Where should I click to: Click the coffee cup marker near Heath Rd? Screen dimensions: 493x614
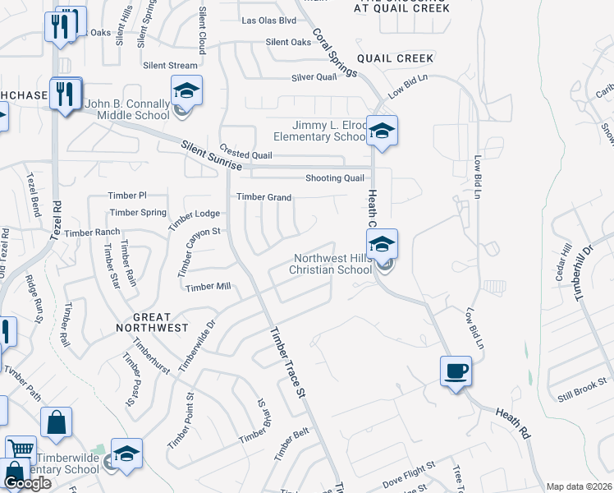(x=456, y=371)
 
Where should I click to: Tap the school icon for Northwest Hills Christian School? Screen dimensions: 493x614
(x=382, y=244)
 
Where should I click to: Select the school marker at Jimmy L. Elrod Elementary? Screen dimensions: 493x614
(x=382, y=131)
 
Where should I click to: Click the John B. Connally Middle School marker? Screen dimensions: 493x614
(x=186, y=90)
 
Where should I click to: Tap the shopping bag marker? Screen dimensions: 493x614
(x=56, y=422)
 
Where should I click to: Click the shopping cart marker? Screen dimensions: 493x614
(x=20, y=449)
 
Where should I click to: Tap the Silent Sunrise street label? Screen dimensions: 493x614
(x=212, y=154)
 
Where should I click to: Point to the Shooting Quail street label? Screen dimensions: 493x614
(x=334, y=178)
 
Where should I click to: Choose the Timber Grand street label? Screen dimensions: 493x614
(x=264, y=197)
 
